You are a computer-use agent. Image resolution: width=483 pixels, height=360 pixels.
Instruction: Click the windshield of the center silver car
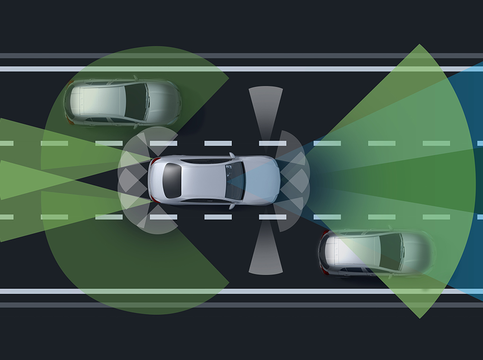[x=236, y=180]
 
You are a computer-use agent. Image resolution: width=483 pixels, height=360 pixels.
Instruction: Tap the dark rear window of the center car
[x=172, y=180]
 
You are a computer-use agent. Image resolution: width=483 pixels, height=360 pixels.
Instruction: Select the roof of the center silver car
[x=204, y=180]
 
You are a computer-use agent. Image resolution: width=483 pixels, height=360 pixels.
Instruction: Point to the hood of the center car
[x=263, y=180]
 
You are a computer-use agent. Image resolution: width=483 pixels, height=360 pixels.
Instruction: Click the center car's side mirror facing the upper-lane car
[x=232, y=155]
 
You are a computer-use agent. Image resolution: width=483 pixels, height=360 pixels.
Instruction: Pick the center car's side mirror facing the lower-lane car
[x=232, y=206]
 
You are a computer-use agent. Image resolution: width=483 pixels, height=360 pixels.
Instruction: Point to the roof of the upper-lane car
[x=102, y=101]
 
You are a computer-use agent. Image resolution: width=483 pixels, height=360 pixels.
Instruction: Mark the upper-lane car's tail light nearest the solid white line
[x=70, y=84]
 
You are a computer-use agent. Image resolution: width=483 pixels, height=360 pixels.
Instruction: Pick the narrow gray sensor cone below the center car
[x=266, y=256]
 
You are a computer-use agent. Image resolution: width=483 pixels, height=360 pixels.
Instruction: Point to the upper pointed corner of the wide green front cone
[x=419, y=45]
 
